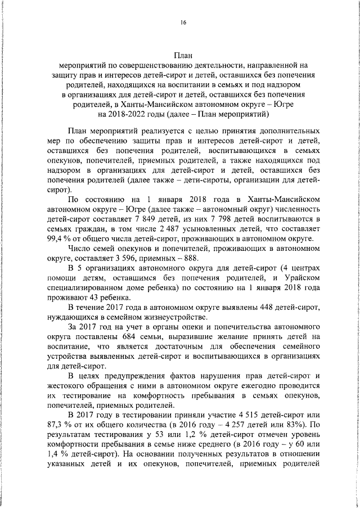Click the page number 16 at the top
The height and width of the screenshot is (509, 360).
point(183,22)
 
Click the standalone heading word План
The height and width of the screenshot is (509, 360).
point(183,55)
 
